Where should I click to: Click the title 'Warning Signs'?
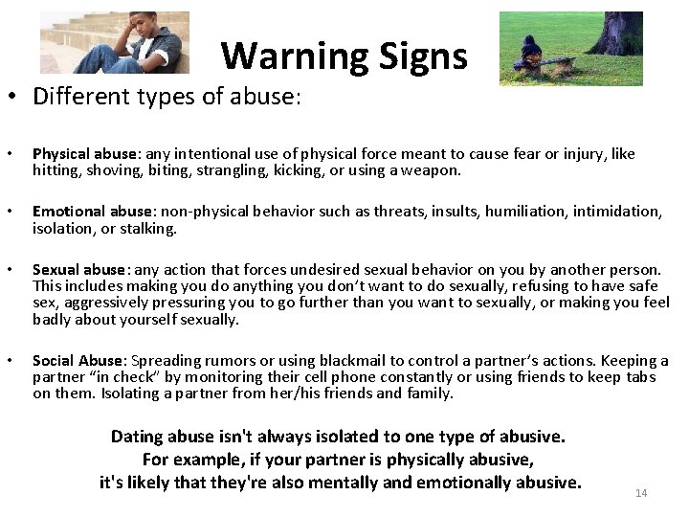coord(344,56)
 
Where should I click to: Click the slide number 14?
coord(641,493)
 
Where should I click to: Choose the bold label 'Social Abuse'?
coord(78,361)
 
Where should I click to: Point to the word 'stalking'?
coord(151,228)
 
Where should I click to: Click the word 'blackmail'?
coord(353,361)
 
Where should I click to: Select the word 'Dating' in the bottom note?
coord(137,437)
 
